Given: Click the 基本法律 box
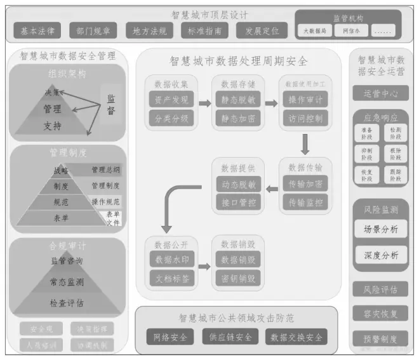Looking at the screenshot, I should click(x=37, y=30).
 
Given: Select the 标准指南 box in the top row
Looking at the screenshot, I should click(x=202, y=30).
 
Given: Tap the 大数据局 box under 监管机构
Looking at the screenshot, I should click(x=314, y=30).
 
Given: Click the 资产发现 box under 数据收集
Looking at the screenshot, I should click(x=171, y=100).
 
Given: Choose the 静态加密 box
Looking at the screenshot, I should click(x=238, y=118).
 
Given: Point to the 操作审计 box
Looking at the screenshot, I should click(x=305, y=100).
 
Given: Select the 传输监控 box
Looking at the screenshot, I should click(x=305, y=202).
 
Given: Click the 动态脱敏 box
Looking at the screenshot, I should click(x=238, y=185).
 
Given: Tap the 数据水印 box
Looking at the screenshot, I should click(x=171, y=260).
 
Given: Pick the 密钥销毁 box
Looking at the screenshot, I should click(x=238, y=277).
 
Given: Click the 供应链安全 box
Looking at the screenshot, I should click(x=230, y=337).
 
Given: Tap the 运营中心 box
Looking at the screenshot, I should click(x=380, y=93).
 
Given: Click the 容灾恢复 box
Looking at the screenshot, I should click(x=380, y=314).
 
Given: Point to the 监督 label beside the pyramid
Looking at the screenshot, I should click(x=111, y=105).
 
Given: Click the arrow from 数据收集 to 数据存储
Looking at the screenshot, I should click(x=205, y=103).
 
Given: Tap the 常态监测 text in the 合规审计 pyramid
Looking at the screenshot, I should click(x=67, y=281).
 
